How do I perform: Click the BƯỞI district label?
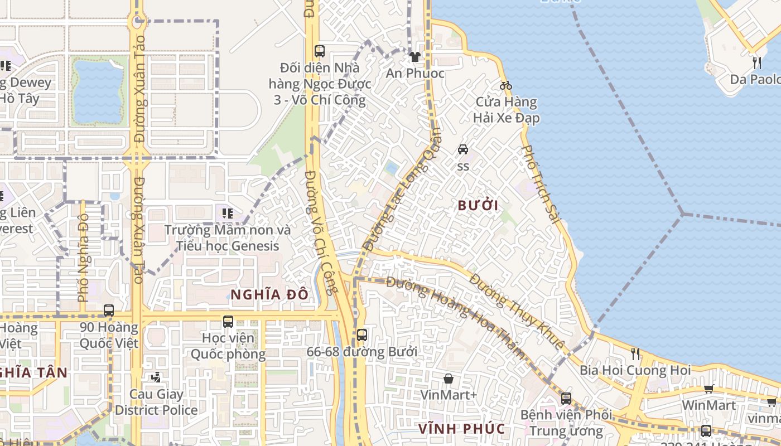pyautogui.click(x=478, y=206)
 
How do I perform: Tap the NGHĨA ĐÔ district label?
pyautogui.click(x=269, y=294)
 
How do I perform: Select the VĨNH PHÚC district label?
pyautogui.click(x=462, y=429)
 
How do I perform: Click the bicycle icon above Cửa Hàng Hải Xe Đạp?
pyautogui.click(x=506, y=85)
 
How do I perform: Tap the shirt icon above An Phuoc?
pyautogui.click(x=414, y=57)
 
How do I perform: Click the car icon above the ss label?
pyautogui.click(x=463, y=149)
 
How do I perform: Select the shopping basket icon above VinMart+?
pyautogui.click(x=449, y=379)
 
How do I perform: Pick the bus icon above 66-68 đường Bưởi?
pyautogui.click(x=362, y=335)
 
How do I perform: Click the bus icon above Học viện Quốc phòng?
pyautogui.click(x=228, y=321)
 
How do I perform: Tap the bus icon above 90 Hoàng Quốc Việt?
pyautogui.click(x=109, y=311)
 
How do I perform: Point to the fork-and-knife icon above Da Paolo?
pyautogui.click(x=757, y=62)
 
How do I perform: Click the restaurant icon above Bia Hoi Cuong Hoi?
pyautogui.click(x=635, y=353)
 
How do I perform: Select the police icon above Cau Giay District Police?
pyautogui.click(x=156, y=377)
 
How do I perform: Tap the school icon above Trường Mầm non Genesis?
pyautogui.click(x=227, y=213)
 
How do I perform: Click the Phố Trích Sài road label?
pyautogui.click(x=542, y=185)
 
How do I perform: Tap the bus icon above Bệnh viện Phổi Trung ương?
pyautogui.click(x=566, y=399)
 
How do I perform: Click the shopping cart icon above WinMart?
pyautogui.click(x=708, y=389)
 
